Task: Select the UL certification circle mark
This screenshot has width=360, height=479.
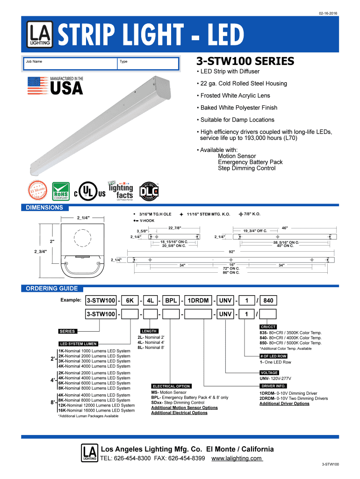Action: [86, 190]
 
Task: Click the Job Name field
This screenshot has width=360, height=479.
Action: [70, 64]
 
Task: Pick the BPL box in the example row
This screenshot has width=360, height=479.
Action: [171, 300]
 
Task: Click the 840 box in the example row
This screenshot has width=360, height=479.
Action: [268, 300]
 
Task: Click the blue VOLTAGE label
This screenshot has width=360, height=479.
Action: [269, 373]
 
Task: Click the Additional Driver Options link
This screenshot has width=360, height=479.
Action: [284, 404]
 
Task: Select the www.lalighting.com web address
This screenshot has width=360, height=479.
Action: [237, 458]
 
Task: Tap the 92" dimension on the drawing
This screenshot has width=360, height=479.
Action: [231, 251]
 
